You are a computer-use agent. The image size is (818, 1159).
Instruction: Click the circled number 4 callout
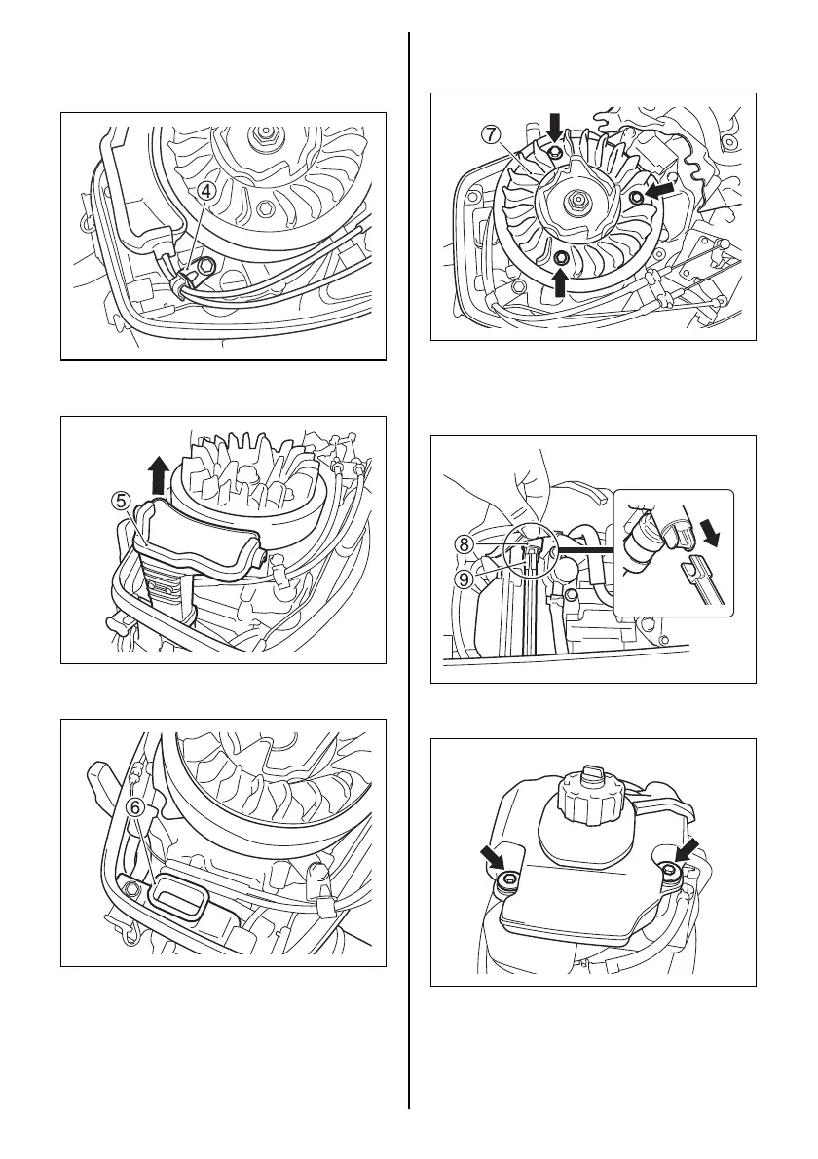(207, 191)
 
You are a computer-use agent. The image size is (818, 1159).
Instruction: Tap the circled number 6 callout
(138, 807)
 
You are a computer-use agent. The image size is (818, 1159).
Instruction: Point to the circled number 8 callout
(466, 545)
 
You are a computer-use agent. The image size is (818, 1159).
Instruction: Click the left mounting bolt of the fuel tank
(505, 881)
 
